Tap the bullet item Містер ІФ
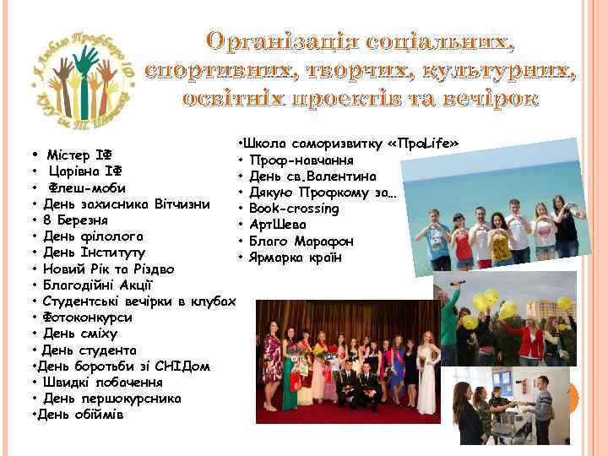click(x=79, y=155)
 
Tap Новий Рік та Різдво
click(x=111, y=269)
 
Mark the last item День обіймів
click(x=81, y=415)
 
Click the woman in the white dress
click(x=427, y=372)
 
